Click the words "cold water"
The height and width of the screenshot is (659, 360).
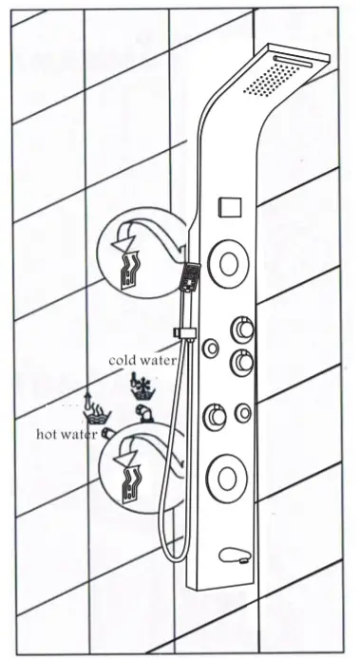(142, 360)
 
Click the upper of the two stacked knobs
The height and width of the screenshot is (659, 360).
(240, 329)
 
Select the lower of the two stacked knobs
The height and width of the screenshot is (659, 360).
(240, 362)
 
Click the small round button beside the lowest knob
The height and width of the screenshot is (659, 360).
(246, 412)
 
